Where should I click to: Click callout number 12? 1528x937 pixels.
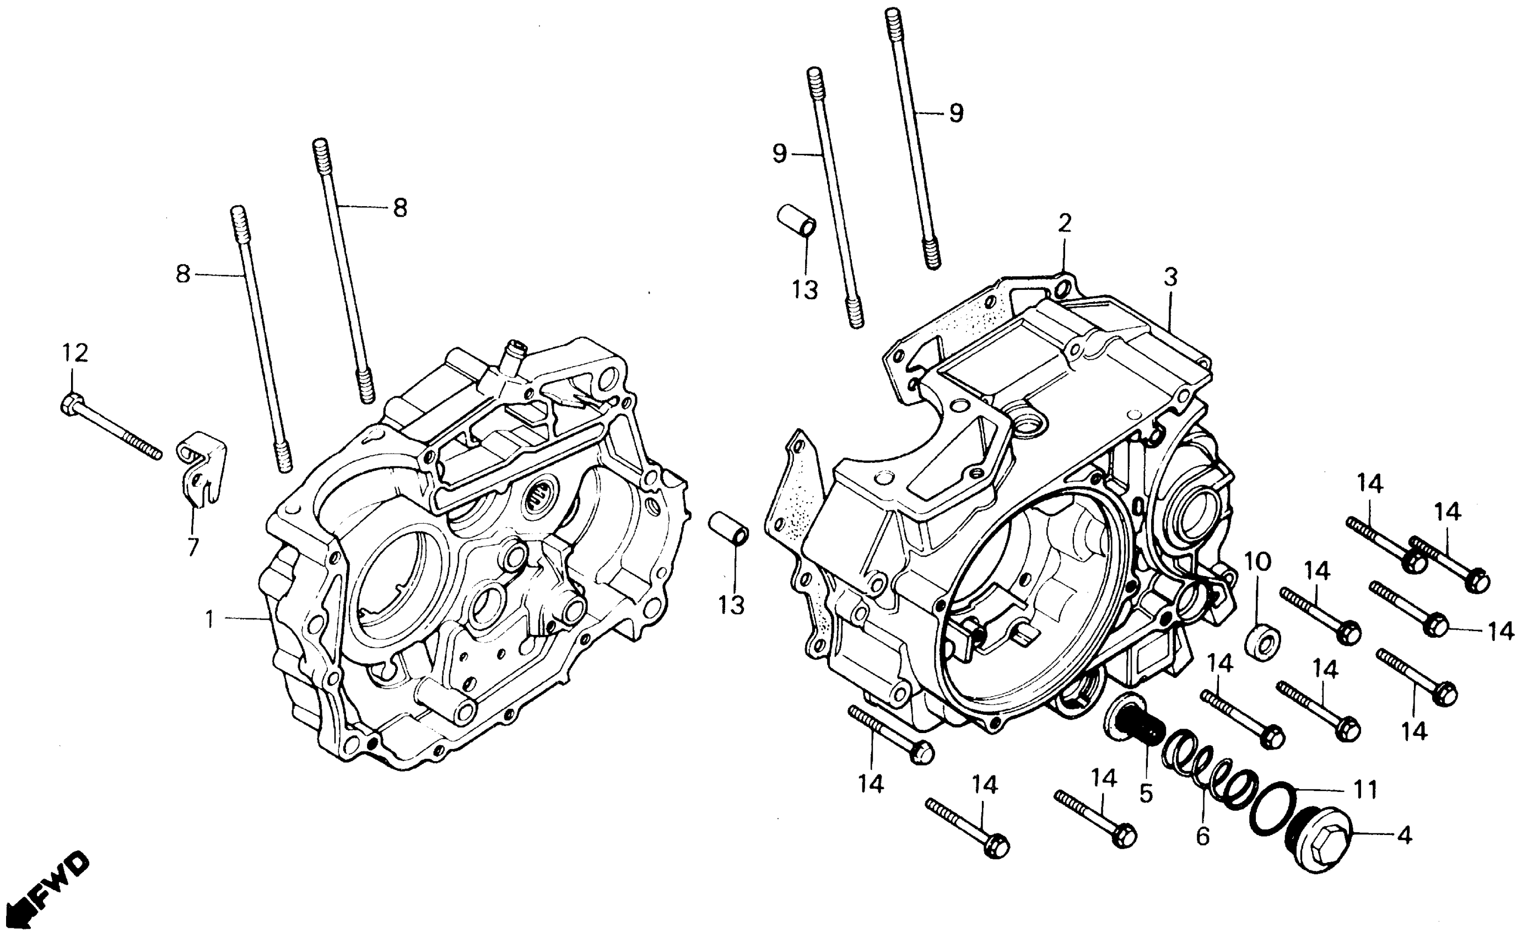click(74, 353)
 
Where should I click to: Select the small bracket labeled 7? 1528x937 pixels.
click(202, 474)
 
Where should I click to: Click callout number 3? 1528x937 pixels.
click(1170, 277)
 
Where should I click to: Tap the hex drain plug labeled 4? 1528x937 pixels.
click(1316, 841)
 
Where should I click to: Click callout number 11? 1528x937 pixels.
click(1366, 790)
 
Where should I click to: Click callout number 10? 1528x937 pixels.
click(1258, 562)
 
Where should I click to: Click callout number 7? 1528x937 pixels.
click(193, 546)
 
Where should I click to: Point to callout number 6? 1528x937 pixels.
click(1202, 837)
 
